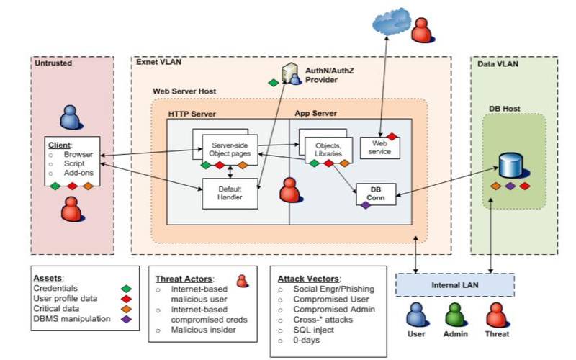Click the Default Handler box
tap(230, 192)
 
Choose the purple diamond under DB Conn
tap(365, 205)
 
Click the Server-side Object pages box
tap(230, 147)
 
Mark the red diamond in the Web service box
tap(392, 135)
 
